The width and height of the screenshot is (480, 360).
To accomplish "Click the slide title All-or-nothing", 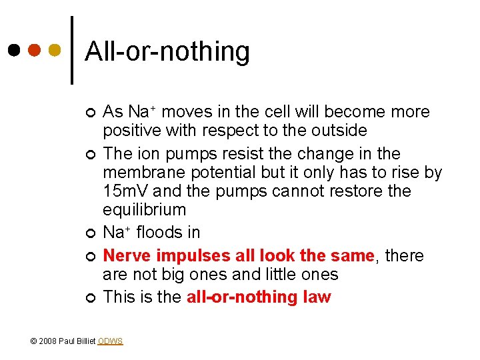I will click(x=167, y=51).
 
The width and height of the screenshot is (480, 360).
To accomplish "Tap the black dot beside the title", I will click(x=14, y=50).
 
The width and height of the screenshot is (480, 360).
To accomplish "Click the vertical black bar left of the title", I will click(x=72, y=50).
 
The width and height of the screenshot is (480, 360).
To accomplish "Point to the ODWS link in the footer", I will click(x=110, y=341).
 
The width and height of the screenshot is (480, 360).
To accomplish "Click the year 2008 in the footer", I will click(x=47, y=341).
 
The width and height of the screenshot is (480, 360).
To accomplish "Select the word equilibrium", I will click(x=145, y=210).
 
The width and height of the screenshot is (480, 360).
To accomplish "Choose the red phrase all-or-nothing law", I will click(x=259, y=297).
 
